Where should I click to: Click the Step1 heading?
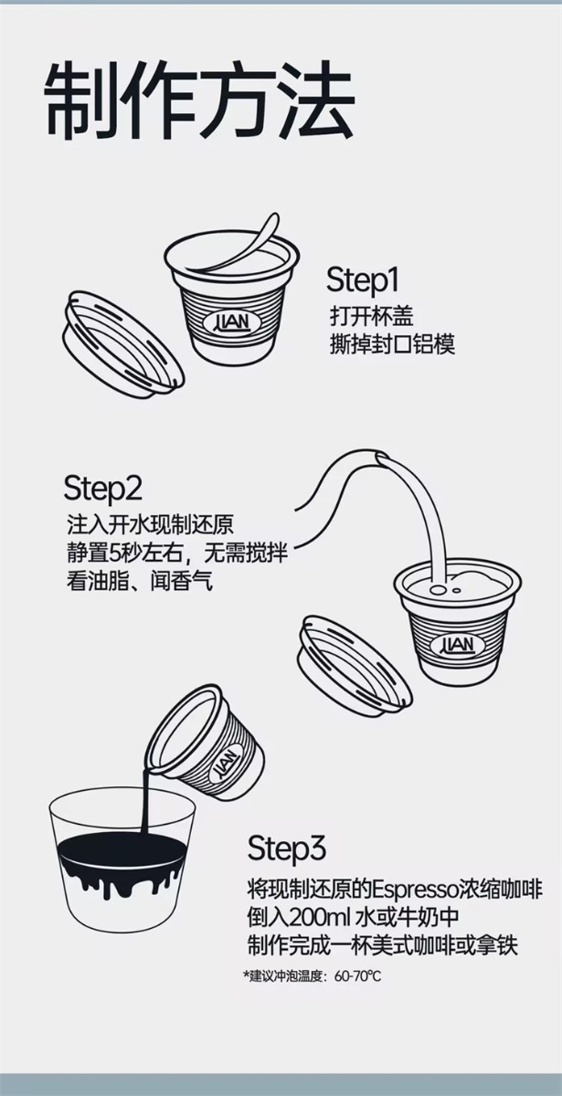coord(363,280)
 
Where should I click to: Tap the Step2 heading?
coord(102,488)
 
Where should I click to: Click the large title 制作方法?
coord(200,100)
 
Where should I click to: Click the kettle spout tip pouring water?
coord(380,458)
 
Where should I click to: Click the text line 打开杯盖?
coord(372,316)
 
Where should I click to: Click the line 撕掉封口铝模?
coord(393,344)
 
